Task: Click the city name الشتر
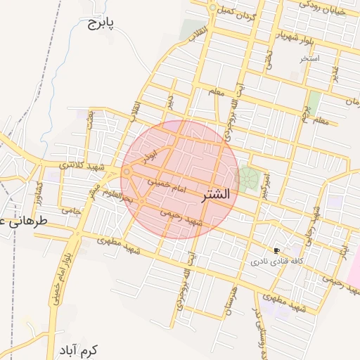pyautogui.click(x=215, y=195)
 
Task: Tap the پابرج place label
pyautogui.click(x=101, y=25)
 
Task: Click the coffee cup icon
pyautogui.click(x=277, y=250)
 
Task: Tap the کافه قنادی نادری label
pyautogui.click(x=277, y=261)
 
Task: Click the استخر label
pyautogui.click(x=309, y=58)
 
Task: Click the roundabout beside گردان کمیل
pyautogui.click(x=212, y=8)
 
